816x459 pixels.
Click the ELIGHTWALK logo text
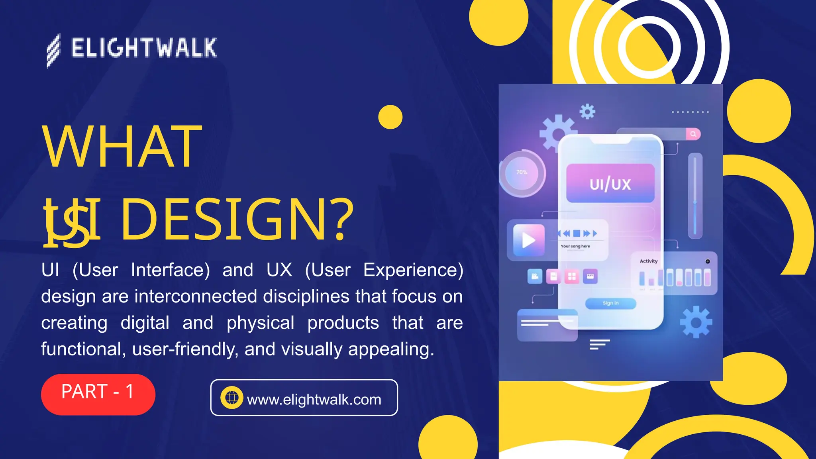click(x=144, y=48)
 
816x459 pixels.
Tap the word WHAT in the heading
click(x=122, y=147)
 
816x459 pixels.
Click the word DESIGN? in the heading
click(x=237, y=220)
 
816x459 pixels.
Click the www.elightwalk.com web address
click(x=314, y=399)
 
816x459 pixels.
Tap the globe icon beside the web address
click(x=232, y=398)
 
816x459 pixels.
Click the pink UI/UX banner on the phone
click(x=610, y=183)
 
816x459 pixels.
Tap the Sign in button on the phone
click(x=610, y=303)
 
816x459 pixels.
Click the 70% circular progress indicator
click(x=522, y=173)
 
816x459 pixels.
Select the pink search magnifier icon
click(x=693, y=134)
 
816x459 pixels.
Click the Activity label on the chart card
click(x=649, y=261)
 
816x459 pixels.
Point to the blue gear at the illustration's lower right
click(x=696, y=322)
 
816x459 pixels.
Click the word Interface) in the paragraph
click(x=171, y=270)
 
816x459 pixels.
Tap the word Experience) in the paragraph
click(x=413, y=270)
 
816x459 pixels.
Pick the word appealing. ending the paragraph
click(x=391, y=349)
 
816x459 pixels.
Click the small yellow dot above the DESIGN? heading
click(x=390, y=117)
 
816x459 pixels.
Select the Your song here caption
click(x=575, y=246)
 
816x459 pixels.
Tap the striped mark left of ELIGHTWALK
click(x=53, y=51)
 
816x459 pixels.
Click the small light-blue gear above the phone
click(x=587, y=112)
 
